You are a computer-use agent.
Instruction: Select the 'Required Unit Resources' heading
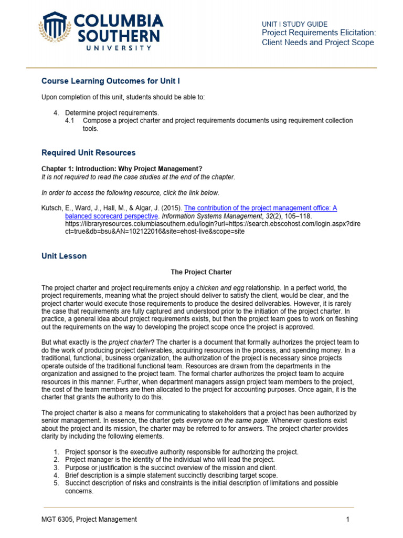pyautogui.click(x=88, y=153)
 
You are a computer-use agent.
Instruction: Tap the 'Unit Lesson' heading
pyautogui.click(x=64, y=256)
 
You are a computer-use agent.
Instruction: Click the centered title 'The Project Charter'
pyautogui.click(x=201, y=272)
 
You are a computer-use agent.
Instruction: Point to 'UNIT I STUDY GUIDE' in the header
pyautogui.click(x=294, y=24)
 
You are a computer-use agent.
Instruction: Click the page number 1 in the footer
pyautogui.click(x=347, y=519)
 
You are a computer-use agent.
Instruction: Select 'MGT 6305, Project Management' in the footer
pyautogui.click(x=89, y=519)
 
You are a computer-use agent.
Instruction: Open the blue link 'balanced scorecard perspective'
pyautogui.click(x=111, y=216)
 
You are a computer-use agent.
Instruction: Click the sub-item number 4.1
pyautogui.click(x=70, y=120)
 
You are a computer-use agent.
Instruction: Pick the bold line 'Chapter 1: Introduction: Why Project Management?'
pyautogui.click(x=122, y=169)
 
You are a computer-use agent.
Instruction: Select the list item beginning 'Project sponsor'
pyautogui.click(x=181, y=452)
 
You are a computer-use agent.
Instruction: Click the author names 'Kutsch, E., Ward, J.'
pyautogui.click(x=71, y=208)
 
